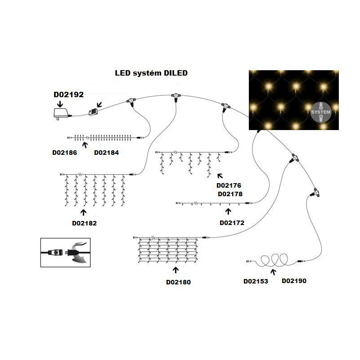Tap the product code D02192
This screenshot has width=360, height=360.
pos(68,95)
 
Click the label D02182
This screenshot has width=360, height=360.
pos(84,222)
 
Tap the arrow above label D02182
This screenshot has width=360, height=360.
pos(84,212)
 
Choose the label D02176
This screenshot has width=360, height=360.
pos(229,185)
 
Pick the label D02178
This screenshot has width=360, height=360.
pos(229,194)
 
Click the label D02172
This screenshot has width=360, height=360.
pos(232,222)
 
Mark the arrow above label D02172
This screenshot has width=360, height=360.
pos(228,211)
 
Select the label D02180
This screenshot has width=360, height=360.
pos(179,282)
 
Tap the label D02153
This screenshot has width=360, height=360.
pos(256,281)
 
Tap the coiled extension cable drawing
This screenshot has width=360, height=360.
pos(272,260)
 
